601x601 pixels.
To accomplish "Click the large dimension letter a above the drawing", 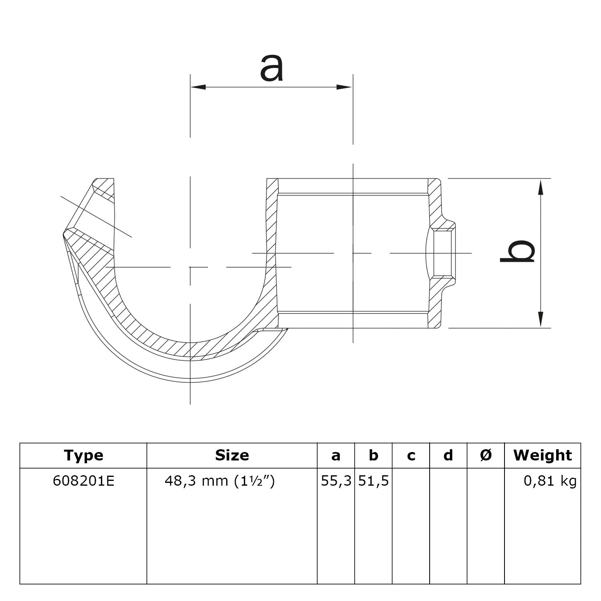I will pyautogui.click(x=271, y=68).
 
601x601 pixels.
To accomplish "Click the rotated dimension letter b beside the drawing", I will pyautogui.click(x=517, y=251).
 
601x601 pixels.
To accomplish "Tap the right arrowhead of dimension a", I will pyautogui.click(x=345, y=87).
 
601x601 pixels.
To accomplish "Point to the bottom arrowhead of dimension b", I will pyautogui.click(x=541, y=319).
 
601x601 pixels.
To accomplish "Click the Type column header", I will pyautogui.click(x=83, y=455).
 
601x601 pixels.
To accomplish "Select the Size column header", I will pyautogui.click(x=232, y=455).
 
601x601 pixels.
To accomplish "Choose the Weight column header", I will pyautogui.click(x=543, y=455).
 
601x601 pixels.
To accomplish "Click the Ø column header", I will pyautogui.click(x=486, y=455).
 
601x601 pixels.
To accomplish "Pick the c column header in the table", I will pyautogui.click(x=411, y=456).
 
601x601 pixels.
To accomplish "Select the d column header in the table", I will pyautogui.click(x=448, y=455).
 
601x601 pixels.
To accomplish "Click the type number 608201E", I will pyautogui.click(x=83, y=481).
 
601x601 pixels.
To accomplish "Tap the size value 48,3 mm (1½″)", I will pyautogui.click(x=220, y=481).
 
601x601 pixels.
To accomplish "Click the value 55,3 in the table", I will pyautogui.click(x=336, y=481).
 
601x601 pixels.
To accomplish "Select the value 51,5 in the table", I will pyautogui.click(x=373, y=481).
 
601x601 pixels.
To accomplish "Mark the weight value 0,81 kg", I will pyautogui.click(x=550, y=481).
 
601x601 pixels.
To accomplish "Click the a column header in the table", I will pyautogui.click(x=336, y=456).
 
